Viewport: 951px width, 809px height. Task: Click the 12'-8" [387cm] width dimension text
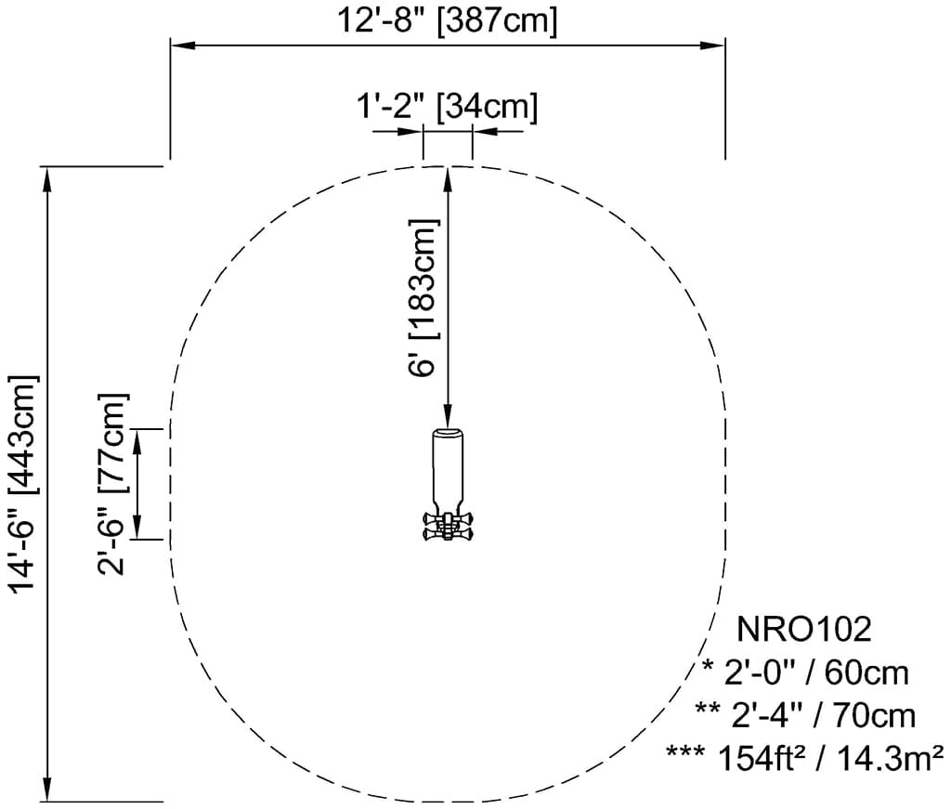point(447,20)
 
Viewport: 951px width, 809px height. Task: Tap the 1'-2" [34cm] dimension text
point(447,107)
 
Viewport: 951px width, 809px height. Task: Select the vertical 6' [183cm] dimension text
point(423,298)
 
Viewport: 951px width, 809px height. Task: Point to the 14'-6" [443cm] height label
point(23,483)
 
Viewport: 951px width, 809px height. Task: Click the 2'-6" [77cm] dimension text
point(112,483)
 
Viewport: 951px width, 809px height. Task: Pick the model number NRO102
point(803,629)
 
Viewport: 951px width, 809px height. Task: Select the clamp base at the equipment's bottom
point(448,526)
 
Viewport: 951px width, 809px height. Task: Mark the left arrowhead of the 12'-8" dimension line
point(183,46)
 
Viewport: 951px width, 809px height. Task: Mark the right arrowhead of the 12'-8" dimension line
point(712,46)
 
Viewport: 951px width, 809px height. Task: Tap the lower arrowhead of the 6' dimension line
point(448,415)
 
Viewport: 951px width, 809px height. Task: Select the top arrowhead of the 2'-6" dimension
point(137,441)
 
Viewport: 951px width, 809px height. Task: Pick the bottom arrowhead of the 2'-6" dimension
point(137,527)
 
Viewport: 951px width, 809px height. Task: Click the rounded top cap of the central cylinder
point(448,432)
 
